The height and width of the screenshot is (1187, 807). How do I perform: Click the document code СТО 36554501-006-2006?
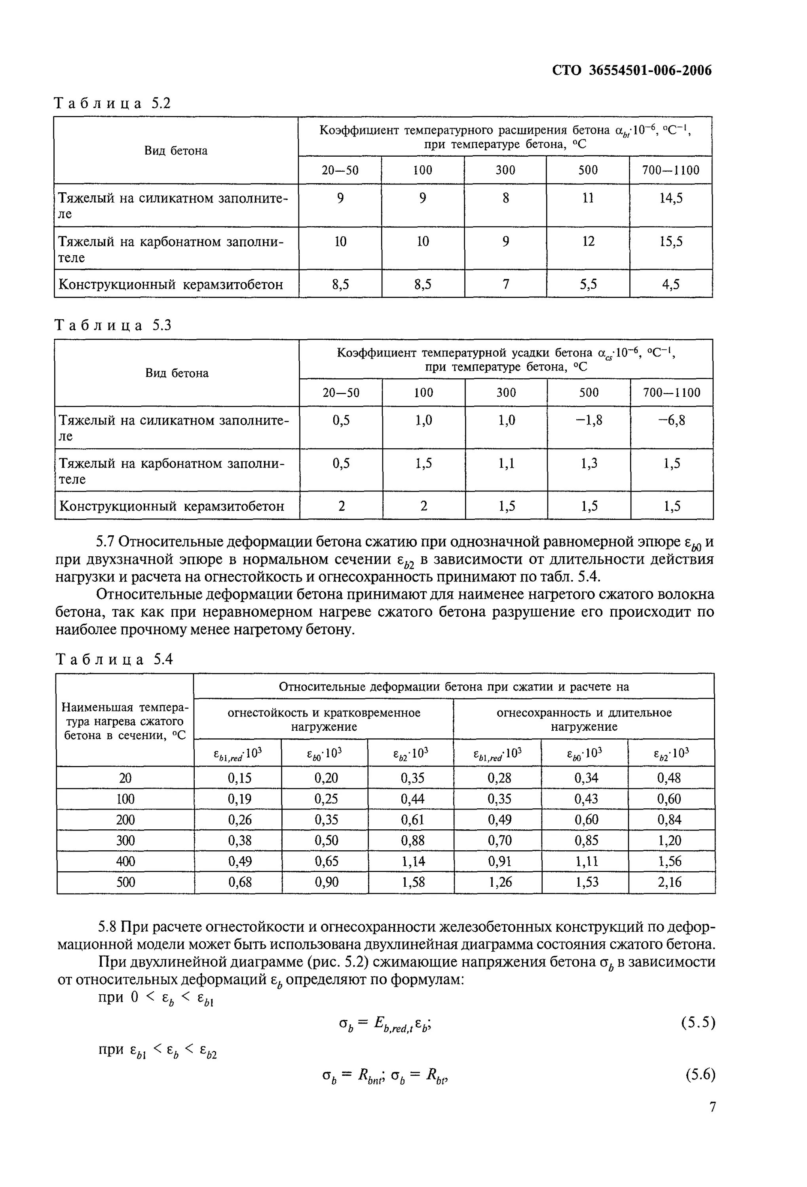(x=632, y=71)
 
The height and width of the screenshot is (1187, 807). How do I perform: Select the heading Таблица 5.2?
(x=112, y=104)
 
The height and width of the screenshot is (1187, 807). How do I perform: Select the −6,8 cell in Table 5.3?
(x=671, y=420)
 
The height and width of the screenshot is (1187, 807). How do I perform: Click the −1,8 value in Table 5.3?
(x=589, y=420)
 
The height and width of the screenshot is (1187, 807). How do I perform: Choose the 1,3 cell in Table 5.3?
(x=589, y=463)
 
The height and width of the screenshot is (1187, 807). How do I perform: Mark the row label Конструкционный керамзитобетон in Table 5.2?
(x=171, y=284)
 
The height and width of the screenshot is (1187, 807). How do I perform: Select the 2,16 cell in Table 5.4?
(x=670, y=882)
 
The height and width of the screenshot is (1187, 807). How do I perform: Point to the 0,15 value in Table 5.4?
(x=239, y=778)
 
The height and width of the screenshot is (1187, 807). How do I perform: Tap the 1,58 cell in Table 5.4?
(x=413, y=882)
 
